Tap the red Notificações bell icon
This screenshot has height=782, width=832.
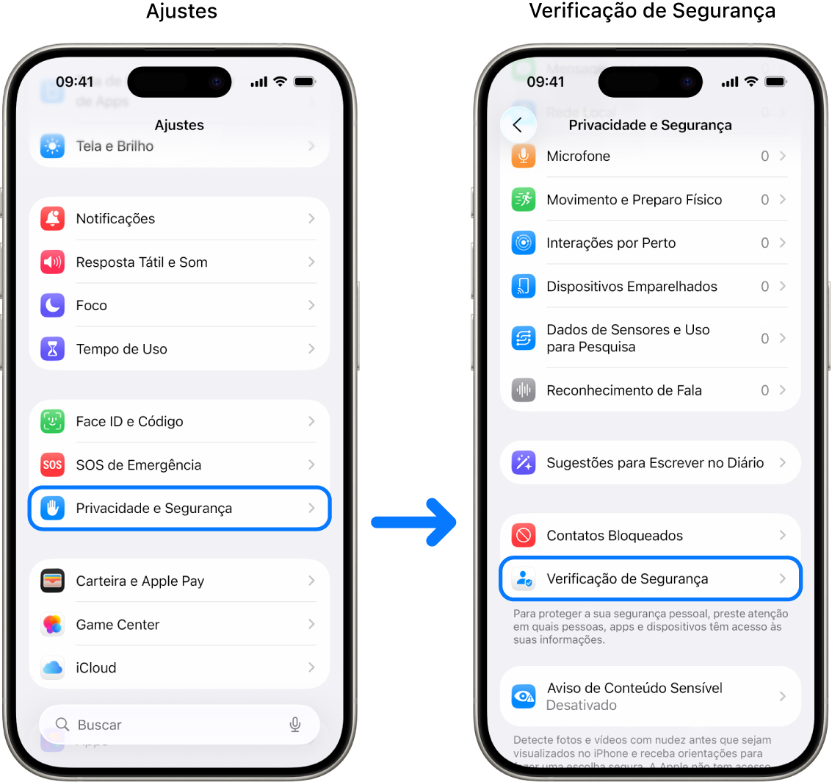coord(53,218)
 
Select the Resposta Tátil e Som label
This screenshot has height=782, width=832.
coord(142,262)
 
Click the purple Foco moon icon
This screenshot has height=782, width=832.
coord(53,305)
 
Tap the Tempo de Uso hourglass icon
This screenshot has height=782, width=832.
coord(53,349)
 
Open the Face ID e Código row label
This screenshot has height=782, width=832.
coord(129,422)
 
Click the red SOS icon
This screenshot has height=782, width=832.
coord(53,464)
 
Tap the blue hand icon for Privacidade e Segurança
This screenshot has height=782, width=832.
coord(53,508)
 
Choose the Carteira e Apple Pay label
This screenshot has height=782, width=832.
coord(140,581)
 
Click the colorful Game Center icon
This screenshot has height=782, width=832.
coord(53,625)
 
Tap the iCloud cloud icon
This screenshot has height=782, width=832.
coord(53,667)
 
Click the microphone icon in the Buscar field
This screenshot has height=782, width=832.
coord(295,725)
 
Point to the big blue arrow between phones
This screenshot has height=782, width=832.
coord(415,522)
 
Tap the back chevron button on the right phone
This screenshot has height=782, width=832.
coord(518,125)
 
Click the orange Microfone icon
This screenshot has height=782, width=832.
coord(524,156)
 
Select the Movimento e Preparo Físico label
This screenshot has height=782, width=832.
coord(634,200)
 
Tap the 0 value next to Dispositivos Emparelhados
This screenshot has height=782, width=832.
coord(764,287)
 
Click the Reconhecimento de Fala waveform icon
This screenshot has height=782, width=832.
coord(524,390)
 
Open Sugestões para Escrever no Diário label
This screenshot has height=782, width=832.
coord(655,463)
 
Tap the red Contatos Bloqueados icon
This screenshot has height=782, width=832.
coord(524,536)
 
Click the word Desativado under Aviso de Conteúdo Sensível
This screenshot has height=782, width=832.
coord(581,706)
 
